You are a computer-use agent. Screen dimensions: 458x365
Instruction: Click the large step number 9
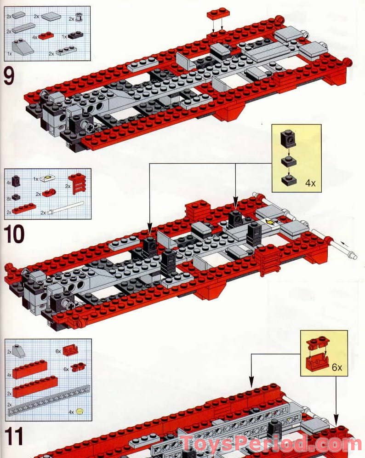(x=9, y=76)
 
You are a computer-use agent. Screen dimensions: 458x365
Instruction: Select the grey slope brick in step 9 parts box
(x=23, y=47)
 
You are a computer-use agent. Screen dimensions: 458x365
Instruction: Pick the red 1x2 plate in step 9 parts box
(x=46, y=35)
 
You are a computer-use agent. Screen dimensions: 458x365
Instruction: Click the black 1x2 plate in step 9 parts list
(x=75, y=36)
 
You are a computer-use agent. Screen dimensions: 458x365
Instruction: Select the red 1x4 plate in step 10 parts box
(x=24, y=209)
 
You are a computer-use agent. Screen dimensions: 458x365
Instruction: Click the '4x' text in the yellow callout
(x=311, y=183)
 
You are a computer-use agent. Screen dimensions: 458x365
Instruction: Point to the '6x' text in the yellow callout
(x=337, y=368)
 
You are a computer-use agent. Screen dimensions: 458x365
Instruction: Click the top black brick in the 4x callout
(x=288, y=137)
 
